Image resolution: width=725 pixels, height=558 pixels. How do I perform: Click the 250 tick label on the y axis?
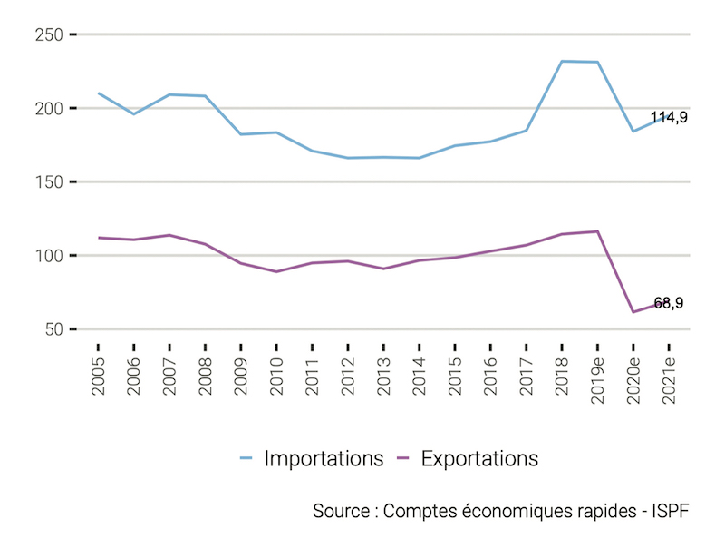(x=46, y=34)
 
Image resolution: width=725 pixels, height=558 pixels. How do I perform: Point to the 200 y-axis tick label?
(x=46, y=108)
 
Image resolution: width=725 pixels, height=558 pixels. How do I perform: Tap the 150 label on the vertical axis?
(x=46, y=181)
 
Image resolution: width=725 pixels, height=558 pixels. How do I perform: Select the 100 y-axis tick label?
(x=46, y=256)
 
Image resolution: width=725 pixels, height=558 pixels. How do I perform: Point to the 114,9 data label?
(x=669, y=117)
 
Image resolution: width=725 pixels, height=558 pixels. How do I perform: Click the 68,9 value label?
(x=669, y=303)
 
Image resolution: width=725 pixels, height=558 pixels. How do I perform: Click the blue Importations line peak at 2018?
(x=562, y=61)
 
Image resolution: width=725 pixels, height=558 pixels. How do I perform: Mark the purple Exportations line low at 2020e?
(x=633, y=312)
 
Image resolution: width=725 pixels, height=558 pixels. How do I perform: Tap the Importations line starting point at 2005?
(x=98, y=93)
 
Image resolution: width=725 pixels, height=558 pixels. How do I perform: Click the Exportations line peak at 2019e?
(x=597, y=231)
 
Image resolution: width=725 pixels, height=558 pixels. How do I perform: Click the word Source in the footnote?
(x=340, y=510)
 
